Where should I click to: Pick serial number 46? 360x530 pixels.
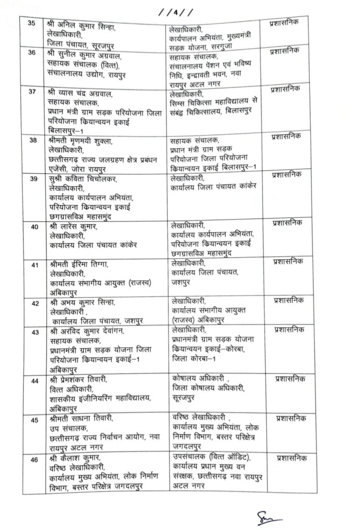(x=34, y=458)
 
